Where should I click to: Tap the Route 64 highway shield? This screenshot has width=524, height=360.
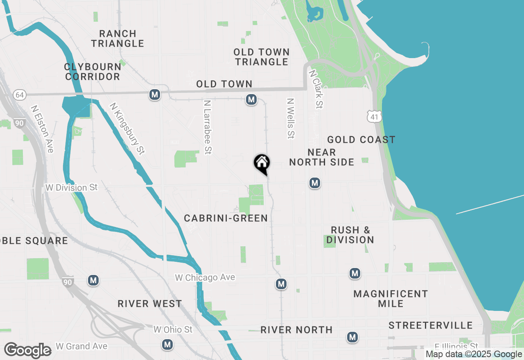[x=19, y=95]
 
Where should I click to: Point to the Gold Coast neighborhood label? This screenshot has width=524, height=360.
[x=361, y=140]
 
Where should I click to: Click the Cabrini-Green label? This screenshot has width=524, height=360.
[x=226, y=218]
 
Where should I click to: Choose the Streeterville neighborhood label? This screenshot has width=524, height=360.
[x=431, y=326]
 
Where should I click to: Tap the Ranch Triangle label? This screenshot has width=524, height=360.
[x=117, y=38]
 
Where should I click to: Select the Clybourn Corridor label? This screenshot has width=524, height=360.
[x=93, y=72]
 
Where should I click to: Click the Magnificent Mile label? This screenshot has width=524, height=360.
[x=391, y=299]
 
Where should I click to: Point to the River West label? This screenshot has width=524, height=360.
[x=150, y=304]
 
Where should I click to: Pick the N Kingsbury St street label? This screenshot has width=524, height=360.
[x=127, y=128]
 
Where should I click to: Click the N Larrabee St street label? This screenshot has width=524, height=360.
[x=208, y=127]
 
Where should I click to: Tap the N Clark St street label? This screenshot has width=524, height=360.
[x=316, y=89]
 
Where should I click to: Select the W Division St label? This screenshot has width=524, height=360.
[x=72, y=187]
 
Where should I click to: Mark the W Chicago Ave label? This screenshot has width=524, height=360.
[x=205, y=278]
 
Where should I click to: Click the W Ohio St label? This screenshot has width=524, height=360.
[x=173, y=329]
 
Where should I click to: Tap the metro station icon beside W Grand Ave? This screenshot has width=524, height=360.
[x=167, y=344]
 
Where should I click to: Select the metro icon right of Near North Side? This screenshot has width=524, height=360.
[x=314, y=183]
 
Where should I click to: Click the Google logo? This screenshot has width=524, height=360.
[x=27, y=350]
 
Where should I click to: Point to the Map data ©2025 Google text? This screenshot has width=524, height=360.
[x=473, y=354]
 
